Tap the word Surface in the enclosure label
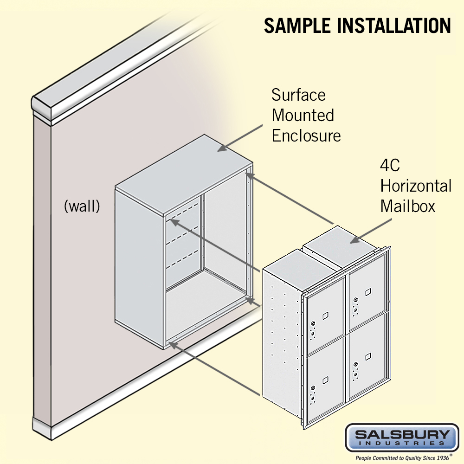point(298,95)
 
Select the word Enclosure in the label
point(306,135)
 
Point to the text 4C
point(390,166)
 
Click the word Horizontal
point(416,186)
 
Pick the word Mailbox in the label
point(408,206)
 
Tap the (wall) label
point(82,206)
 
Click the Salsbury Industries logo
point(401,437)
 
